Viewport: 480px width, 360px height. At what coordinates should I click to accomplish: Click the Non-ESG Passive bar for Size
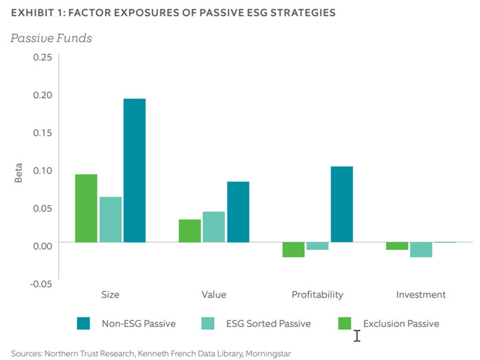tap(134, 170)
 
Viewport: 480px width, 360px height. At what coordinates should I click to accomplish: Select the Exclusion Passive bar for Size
tap(86, 208)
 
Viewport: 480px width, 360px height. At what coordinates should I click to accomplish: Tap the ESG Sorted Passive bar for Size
tap(110, 219)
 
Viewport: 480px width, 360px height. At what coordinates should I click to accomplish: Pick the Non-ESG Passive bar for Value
tap(238, 211)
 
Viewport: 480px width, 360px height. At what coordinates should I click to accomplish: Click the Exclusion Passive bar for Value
tap(190, 230)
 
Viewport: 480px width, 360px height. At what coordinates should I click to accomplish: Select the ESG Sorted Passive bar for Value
tap(214, 226)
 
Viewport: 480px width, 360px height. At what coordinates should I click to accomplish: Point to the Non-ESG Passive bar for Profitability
tap(341, 204)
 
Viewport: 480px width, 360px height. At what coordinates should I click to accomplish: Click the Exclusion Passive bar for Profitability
tap(293, 250)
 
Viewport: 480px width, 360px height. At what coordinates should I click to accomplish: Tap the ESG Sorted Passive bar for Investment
tap(421, 250)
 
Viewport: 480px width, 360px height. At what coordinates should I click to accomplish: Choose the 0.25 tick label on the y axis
tap(42, 57)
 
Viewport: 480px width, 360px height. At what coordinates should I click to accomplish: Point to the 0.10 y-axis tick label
tap(42, 170)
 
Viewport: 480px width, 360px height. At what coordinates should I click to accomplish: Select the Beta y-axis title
tap(19, 171)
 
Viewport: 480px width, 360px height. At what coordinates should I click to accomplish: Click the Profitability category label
tap(317, 295)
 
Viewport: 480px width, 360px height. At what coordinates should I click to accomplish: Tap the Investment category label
tap(421, 295)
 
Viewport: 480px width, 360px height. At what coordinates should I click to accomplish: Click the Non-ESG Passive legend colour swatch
tap(84, 323)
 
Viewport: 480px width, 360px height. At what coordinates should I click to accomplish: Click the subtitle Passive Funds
tap(51, 38)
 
